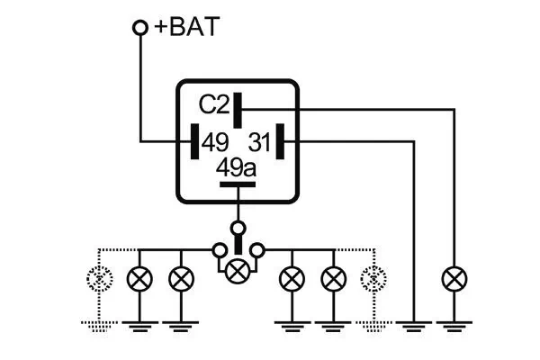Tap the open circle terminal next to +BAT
coord(140,28)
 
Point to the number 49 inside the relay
coord(214,141)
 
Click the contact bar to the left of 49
coord(193,141)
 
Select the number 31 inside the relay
coord(260,141)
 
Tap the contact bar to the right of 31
coord(281,141)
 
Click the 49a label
coord(237,168)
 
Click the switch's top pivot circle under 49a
coord(238,227)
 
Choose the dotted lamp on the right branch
coord(370,278)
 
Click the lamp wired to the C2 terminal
coord(453,278)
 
